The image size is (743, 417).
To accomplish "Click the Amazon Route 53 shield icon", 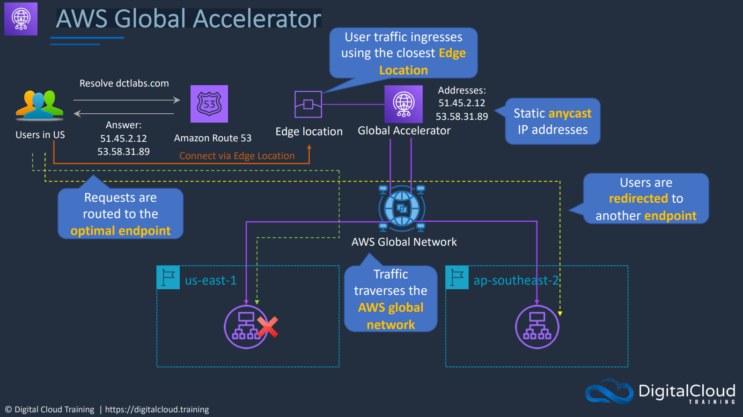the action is pos(209,104).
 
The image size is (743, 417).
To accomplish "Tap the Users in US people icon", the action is pos(39,105).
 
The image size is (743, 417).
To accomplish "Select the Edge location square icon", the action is pos(308,104).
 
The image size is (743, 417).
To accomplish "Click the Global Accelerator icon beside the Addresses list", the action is pos(404,104).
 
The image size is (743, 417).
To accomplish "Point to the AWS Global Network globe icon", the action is pos(402,209).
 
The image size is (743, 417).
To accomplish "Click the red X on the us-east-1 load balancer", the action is pos(268,327).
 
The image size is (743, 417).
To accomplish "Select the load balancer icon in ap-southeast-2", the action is pos(537,327).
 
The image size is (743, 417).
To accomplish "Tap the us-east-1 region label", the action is pos(211,280).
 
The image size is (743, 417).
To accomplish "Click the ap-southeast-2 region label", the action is pos(516,280).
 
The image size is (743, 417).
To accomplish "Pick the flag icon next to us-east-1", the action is pos(168,278).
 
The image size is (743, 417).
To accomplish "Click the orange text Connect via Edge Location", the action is pos(237,156).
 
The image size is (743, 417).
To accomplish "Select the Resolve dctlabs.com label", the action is pos(124,83).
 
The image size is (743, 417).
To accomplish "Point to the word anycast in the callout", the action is pos(569,114).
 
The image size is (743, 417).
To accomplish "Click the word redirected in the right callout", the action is pos(638,198).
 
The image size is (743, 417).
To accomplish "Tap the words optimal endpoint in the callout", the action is pos(120,231).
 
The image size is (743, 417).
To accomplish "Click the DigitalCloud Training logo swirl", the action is pos(609,391).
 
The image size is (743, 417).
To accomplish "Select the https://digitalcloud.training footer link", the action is pos(157,410).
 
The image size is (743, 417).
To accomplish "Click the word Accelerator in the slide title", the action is pos(257,19).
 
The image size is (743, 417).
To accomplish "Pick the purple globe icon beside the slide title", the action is pos(21,19).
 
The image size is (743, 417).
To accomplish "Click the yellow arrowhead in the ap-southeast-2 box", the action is pos(560,314).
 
